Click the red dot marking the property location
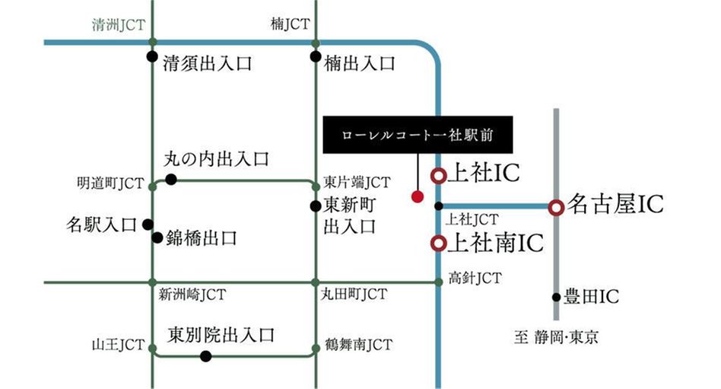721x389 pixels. click(416, 196)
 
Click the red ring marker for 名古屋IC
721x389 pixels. click(556, 206)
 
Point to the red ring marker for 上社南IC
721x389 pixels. click(438, 244)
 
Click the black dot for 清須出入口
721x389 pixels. click(152, 58)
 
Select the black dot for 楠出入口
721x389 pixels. click(315, 58)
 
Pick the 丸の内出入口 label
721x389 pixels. click(217, 160)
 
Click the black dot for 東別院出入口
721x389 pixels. click(205, 356)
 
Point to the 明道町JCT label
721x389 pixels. click(110, 183)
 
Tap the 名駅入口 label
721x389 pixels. click(101, 225)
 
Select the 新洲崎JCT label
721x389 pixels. click(192, 294)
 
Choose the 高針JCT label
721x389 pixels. click(475, 279)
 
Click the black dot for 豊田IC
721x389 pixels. click(556, 297)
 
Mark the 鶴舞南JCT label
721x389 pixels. click(357, 345)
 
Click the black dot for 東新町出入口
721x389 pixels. click(315, 206)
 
